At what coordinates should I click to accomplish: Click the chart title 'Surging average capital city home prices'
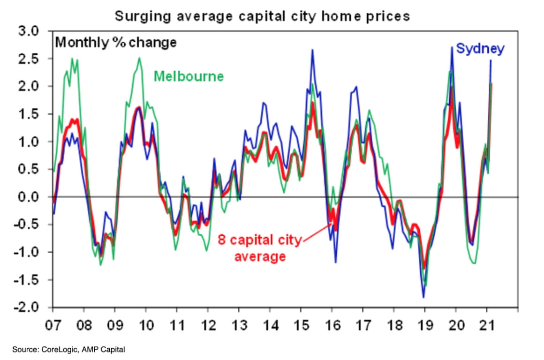262,16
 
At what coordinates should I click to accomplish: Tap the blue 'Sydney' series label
480,49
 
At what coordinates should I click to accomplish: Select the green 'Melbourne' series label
189,76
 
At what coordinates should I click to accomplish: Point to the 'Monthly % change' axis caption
116,43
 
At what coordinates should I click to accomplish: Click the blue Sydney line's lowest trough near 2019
423,297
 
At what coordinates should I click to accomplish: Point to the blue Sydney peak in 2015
312,50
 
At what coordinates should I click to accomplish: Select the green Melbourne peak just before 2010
139,58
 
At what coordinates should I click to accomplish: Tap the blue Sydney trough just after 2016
336,262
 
